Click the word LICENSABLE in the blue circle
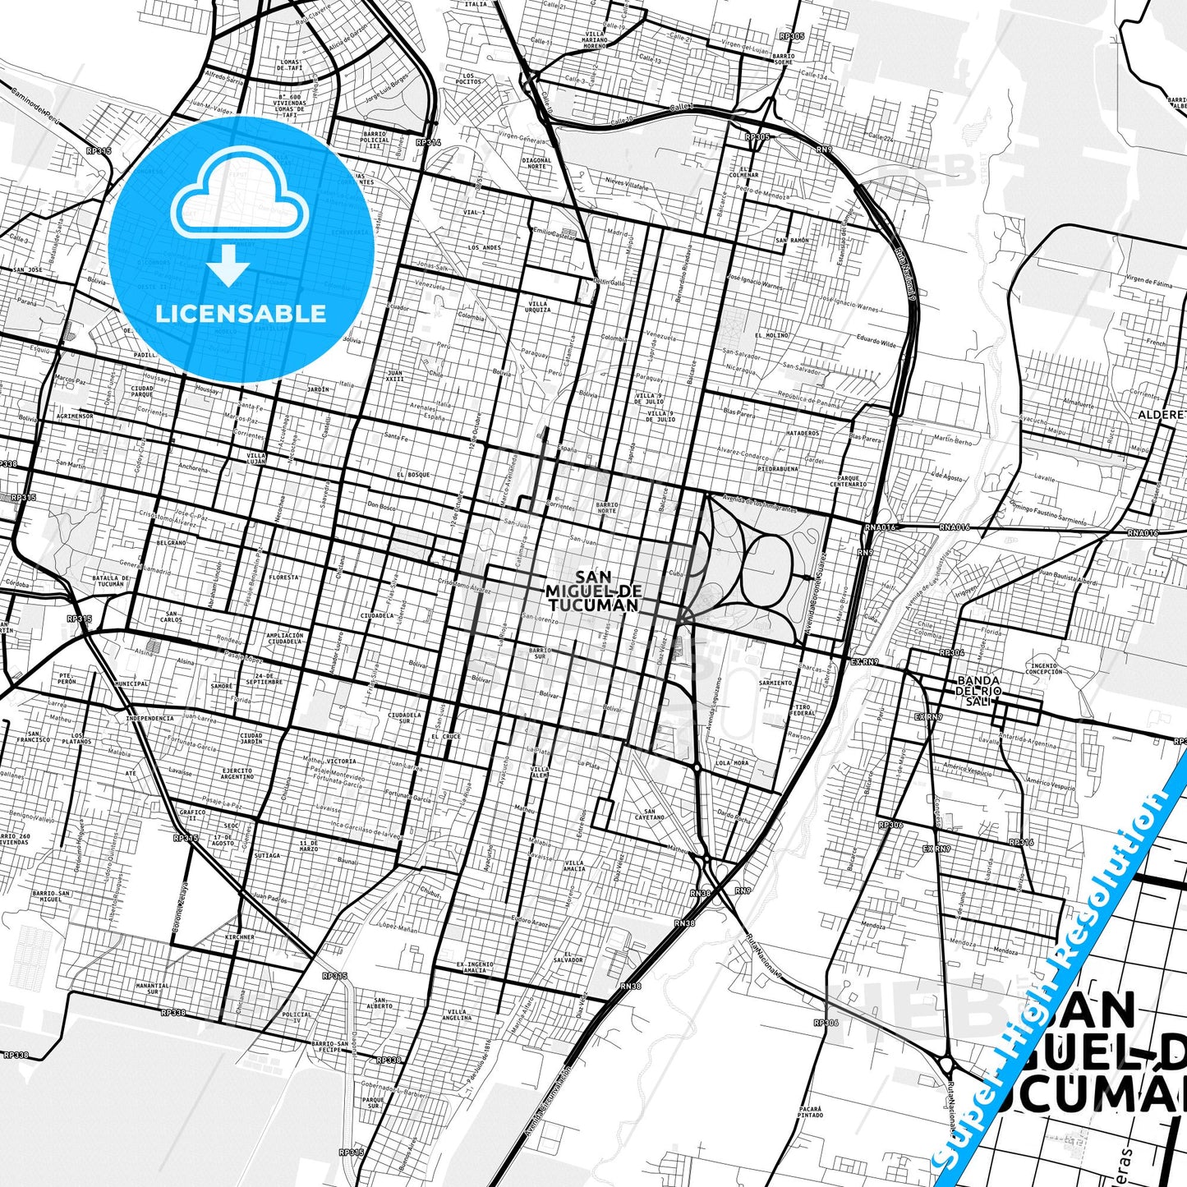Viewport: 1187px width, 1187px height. click(241, 313)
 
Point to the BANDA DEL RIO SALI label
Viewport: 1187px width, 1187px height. click(978, 691)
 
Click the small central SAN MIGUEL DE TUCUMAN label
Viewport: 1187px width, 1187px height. click(592, 591)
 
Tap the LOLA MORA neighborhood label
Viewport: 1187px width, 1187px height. click(732, 763)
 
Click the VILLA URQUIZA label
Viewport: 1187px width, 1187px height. click(538, 306)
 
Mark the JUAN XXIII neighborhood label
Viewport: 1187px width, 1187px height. click(395, 375)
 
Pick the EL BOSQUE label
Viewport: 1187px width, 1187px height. click(412, 475)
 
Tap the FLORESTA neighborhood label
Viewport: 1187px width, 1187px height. click(283, 577)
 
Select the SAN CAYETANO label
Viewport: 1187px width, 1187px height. click(649, 814)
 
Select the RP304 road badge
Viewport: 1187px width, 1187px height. click(951, 652)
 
